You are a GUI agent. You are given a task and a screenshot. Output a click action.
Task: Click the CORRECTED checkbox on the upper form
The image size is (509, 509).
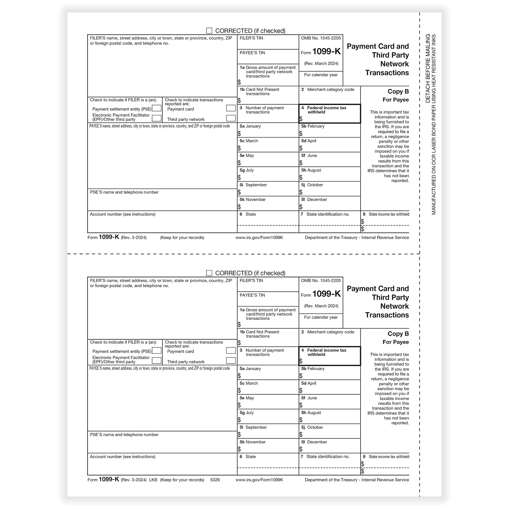(209, 31)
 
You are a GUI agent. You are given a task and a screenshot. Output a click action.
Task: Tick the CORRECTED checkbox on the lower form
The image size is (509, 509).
(209, 273)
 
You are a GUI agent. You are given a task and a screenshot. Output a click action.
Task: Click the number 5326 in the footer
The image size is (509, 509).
(215, 480)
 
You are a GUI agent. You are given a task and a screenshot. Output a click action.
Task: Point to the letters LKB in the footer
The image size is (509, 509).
(153, 480)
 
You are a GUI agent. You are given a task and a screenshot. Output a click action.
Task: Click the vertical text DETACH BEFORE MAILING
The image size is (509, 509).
(428, 68)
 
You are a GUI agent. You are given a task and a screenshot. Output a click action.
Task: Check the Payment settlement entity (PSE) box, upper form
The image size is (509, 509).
(156, 108)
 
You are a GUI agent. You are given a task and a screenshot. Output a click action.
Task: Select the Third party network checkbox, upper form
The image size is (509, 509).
(231, 118)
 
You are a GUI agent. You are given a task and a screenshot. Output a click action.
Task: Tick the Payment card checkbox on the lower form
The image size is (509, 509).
(231, 351)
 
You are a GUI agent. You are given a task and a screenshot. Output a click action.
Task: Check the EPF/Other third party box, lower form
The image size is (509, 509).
(156, 361)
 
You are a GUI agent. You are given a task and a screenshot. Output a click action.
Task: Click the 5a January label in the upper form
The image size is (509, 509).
(250, 126)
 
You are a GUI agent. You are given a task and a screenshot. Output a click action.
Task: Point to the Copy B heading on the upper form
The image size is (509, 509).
(398, 91)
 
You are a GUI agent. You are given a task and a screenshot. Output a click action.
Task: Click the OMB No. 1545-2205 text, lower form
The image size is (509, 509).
(321, 281)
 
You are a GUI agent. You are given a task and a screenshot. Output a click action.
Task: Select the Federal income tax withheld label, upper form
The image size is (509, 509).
(326, 110)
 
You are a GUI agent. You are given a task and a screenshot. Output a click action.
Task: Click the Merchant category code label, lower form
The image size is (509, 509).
(330, 332)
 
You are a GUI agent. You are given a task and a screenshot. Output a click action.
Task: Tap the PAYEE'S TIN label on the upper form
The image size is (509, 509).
(252, 53)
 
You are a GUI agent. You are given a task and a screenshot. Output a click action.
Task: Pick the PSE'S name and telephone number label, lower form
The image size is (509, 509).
(124, 435)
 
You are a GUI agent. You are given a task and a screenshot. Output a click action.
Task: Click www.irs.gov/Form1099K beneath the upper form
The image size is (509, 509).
(259, 238)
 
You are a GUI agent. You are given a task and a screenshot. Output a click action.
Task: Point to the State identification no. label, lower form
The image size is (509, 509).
(328, 457)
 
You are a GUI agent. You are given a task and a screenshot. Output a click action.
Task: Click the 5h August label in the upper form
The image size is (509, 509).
(311, 170)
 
